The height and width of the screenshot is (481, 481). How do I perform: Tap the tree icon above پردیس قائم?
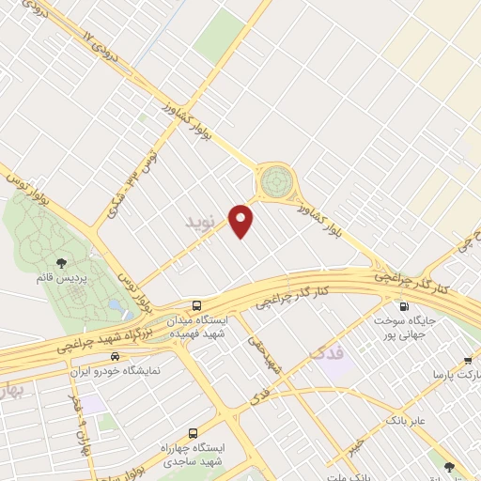click(62, 263)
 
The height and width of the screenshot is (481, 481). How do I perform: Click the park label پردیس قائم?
click(62, 280)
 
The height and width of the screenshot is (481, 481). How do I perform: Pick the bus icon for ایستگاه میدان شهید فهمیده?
click(196, 305)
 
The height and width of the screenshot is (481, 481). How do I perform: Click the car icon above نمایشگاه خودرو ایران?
click(115, 357)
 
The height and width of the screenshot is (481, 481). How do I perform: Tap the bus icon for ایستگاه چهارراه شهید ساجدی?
click(193, 434)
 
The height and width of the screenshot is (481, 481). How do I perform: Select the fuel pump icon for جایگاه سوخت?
click(405, 305)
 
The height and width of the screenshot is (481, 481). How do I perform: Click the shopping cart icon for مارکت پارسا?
click(468, 360)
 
